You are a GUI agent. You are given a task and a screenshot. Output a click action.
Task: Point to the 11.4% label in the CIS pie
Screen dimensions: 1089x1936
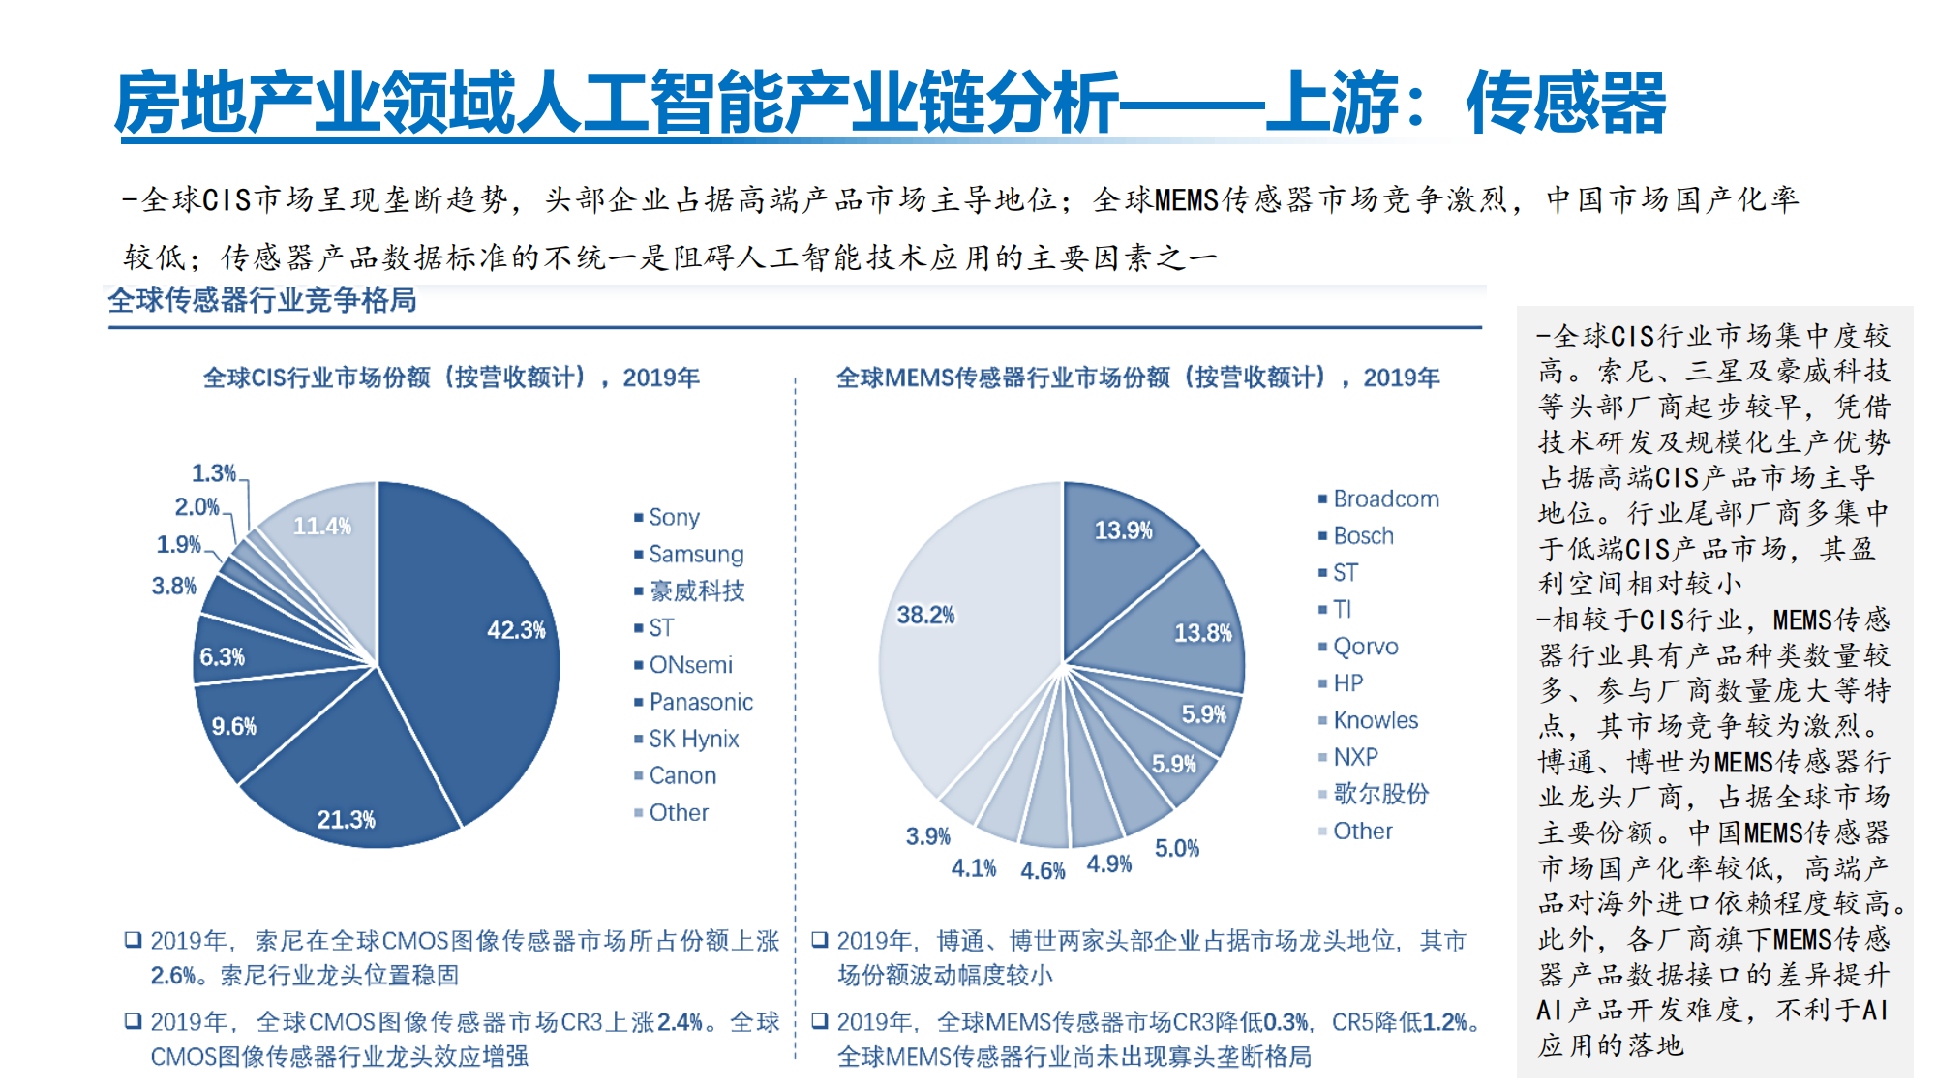(x=322, y=527)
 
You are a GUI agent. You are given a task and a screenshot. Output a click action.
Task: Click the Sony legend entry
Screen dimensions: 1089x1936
(x=674, y=518)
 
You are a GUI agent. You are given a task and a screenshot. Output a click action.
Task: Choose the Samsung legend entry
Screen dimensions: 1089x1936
(x=695, y=555)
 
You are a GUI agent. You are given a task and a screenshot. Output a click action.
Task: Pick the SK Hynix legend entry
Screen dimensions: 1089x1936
(x=693, y=740)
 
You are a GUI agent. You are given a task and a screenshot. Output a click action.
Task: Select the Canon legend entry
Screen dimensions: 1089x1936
(x=682, y=776)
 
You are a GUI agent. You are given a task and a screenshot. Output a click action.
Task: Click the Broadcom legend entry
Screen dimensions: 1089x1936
(x=1385, y=499)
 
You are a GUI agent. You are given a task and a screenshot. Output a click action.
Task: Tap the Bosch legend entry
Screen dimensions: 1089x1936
(x=1363, y=536)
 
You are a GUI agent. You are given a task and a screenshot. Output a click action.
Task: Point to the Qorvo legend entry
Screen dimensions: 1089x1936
(x=1365, y=647)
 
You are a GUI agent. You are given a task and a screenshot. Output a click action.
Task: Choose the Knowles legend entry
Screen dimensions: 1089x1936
(x=1375, y=720)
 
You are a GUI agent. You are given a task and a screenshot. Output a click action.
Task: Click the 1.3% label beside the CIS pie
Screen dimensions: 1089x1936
(x=213, y=473)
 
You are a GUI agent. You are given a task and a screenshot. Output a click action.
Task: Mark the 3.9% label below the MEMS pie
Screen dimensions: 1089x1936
(x=927, y=836)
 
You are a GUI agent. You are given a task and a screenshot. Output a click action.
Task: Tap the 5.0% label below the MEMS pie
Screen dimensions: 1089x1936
(x=1176, y=849)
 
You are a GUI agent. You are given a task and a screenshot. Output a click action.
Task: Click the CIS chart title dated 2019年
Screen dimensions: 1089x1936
(x=451, y=378)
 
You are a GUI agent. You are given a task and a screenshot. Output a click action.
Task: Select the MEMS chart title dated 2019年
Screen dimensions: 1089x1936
(x=1137, y=378)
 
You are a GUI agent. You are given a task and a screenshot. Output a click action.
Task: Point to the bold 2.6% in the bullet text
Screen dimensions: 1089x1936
(x=173, y=976)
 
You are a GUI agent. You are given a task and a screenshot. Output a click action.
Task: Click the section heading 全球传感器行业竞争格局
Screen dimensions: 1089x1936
(x=262, y=301)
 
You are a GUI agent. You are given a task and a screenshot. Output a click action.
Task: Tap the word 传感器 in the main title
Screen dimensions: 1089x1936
(x=1566, y=103)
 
